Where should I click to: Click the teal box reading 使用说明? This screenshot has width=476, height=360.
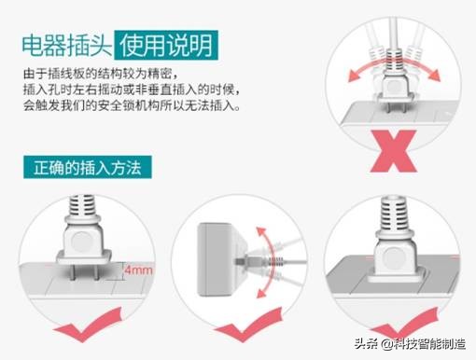[x=168, y=42]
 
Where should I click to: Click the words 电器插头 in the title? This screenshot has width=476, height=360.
[x=65, y=42]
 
